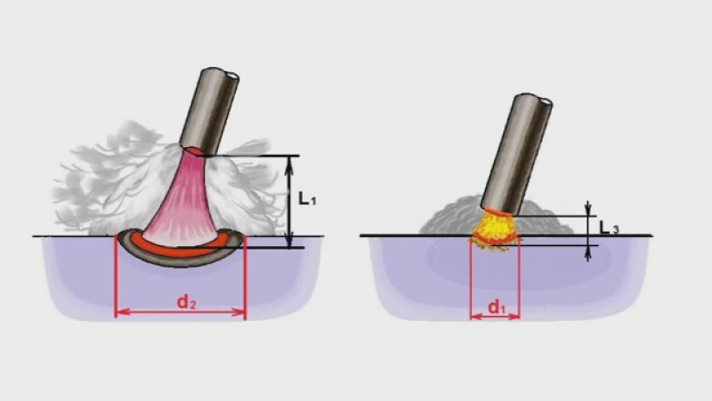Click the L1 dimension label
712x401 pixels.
(x=307, y=198)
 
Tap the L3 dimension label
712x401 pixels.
(x=609, y=227)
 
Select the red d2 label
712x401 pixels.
(x=186, y=302)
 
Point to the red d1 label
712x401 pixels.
(x=497, y=307)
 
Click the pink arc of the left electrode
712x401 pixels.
(x=181, y=200)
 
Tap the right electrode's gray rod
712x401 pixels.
(x=517, y=154)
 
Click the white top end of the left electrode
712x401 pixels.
(x=233, y=75)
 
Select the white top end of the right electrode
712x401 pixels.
(x=546, y=102)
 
